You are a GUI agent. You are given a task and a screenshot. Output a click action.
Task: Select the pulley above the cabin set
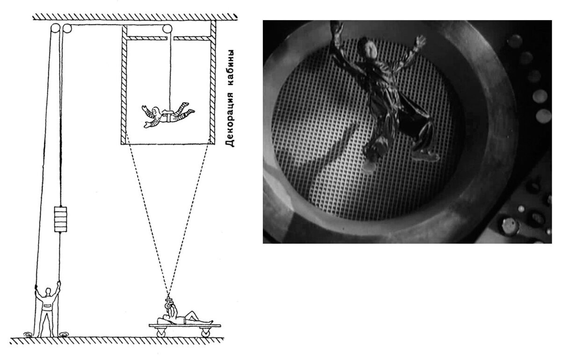point(167,29)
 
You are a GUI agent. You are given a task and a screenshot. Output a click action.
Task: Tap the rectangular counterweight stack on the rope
point(61,219)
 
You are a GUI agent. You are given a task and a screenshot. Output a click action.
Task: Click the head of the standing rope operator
point(48,291)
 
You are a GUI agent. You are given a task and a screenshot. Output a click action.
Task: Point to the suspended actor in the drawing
point(168,115)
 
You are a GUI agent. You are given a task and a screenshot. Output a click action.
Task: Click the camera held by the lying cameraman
point(168,304)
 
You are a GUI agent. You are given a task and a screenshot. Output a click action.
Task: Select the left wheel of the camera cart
point(161,332)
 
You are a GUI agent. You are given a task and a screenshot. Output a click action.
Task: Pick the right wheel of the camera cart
point(206,332)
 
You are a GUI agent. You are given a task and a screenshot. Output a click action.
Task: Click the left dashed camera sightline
point(146,214)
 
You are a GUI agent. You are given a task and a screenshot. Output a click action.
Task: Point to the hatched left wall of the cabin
point(124,85)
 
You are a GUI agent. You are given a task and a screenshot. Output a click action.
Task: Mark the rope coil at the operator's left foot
point(28,334)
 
